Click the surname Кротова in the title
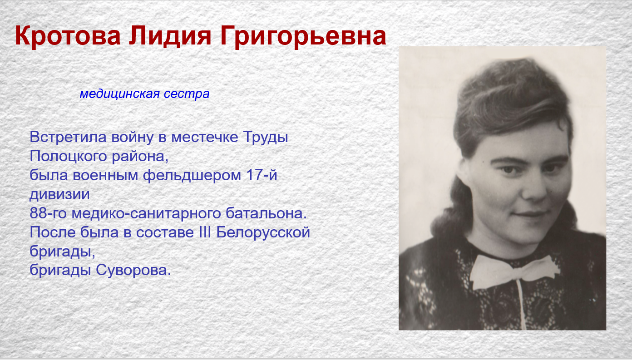[x=68, y=36]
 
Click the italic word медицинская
[x=119, y=94]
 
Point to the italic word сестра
[x=187, y=94]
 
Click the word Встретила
[x=68, y=137]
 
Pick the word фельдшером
[x=192, y=176]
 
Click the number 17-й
[x=262, y=175]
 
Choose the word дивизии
[x=59, y=195]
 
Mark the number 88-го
[x=48, y=213]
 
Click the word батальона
[x=266, y=213]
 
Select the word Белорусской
[x=263, y=232]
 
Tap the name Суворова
[x=133, y=270]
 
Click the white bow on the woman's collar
[x=514, y=271]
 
